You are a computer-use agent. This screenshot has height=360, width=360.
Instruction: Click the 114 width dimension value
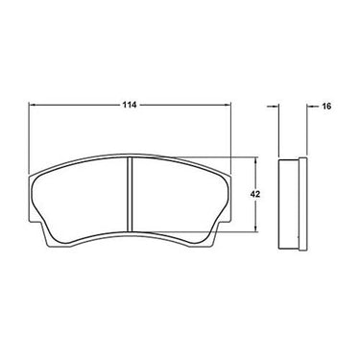click(x=130, y=105)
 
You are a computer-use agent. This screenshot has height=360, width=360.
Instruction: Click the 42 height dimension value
click(x=255, y=194)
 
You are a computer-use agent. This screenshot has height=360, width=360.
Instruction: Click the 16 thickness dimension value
click(x=326, y=107)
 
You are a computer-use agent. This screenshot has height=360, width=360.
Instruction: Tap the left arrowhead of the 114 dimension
click(x=33, y=105)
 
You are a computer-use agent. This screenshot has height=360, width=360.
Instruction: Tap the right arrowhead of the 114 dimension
click(x=228, y=105)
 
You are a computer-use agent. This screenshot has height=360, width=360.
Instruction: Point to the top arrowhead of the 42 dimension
click(x=255, y=160)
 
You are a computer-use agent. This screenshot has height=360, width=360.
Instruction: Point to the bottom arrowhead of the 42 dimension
click(x=255, y=228)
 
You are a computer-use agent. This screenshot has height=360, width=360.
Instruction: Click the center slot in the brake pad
click(x=130, y=194)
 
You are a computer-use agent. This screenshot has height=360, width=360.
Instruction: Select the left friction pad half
click(x=80, y=200)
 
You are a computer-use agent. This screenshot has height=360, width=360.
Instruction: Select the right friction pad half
click(x=180, y=200)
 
